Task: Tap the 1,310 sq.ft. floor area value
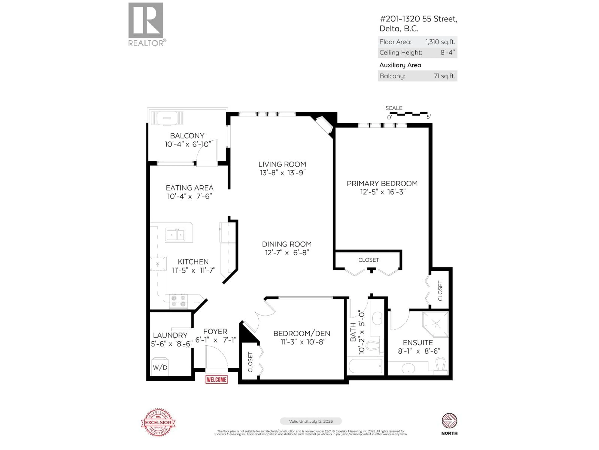[440, 42]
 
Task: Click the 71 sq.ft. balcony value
[444, 76]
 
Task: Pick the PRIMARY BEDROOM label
[382, 184]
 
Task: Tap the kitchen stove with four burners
[178, 301]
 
